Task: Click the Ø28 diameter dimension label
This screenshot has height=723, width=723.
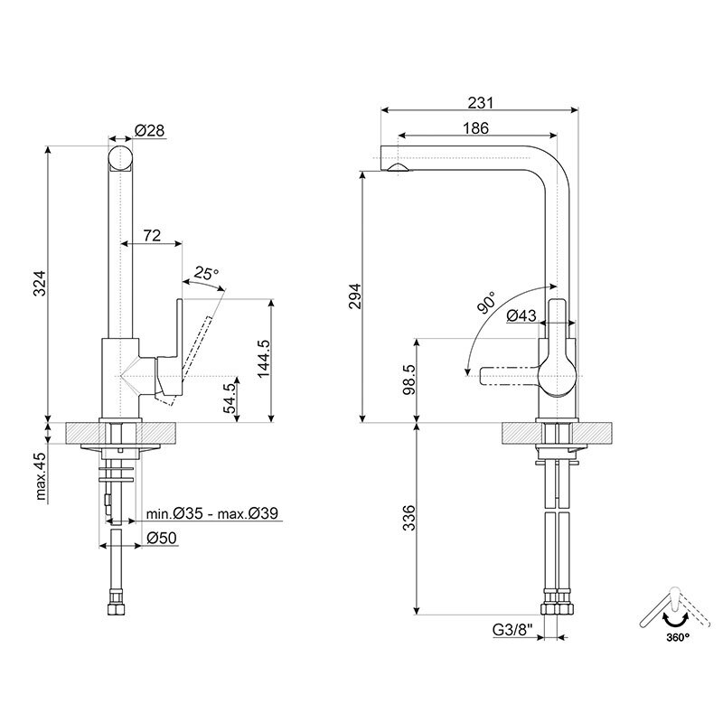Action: pyautogui.click(x=149, y=131)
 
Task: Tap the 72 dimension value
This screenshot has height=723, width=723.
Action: pyautogui.click(x=152, y=236)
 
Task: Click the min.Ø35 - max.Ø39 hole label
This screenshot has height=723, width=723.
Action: pyautogui.click(x=211, y=514)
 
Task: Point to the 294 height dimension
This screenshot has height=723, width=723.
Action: pyautogui.click(x=354, y=297)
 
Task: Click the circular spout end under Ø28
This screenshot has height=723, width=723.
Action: pyautogui.click(x=120, y=157)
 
